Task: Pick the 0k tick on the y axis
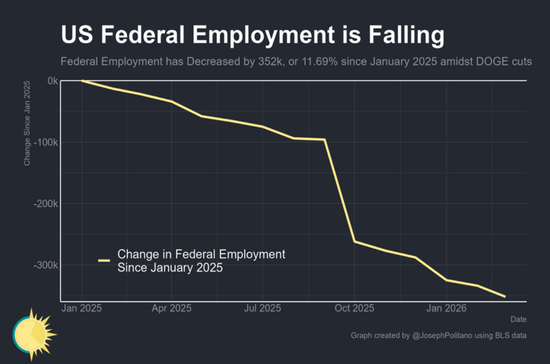tap(52, 81)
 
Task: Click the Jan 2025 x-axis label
tap(82, 309)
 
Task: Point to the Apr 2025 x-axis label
tap(172, 309)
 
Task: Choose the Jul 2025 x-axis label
tap(263, 309)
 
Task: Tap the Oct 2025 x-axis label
tap(354, 309)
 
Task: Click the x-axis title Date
tap(518, 319)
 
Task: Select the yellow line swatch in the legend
tap(104, 260)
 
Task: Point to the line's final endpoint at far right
tap(504, 296)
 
